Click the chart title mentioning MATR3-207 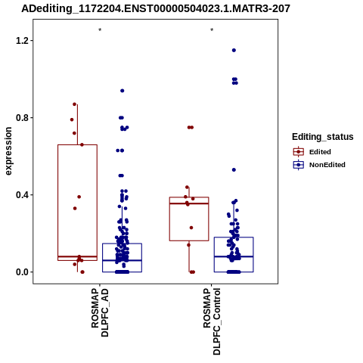click(156, 8)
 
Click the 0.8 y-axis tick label click(21, 118)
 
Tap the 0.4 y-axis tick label click(21, 195)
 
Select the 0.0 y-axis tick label click(21, 272)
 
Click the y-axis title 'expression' click(8, 151)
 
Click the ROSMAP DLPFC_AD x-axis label click(100, 312)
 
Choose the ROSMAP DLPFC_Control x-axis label click(212, 321)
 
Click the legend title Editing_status click(323, 137)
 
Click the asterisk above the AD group click(100, 30)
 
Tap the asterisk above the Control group click(212, 30)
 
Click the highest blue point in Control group click(234, 51)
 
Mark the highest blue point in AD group click(123, 91)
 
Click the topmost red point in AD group click(75, 104)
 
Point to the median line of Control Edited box click(189, 203)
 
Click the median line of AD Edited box click(77, 256)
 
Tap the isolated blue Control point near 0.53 click(234, 170)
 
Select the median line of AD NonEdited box click(122, 260)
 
